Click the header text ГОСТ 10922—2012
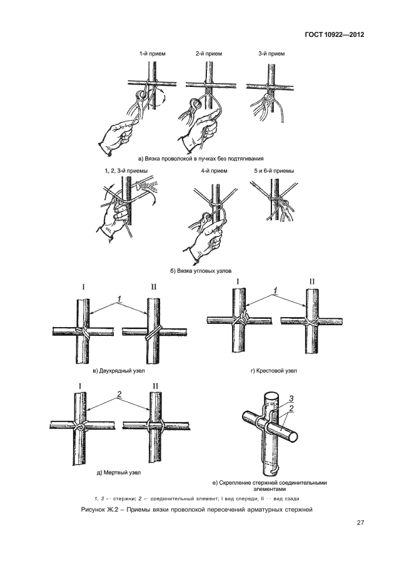coord(335,35)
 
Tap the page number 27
coord(360,523)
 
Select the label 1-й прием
coord(152,54)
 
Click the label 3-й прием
coord(271,54)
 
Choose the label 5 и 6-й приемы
coord(274,171)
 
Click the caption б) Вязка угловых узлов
coord(201,271)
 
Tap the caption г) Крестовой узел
coord(273,371)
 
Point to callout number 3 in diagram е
coord(291,399)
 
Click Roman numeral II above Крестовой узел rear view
coord(311,281)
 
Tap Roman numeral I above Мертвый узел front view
coord(80,386)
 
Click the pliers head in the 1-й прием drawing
coord(141,96)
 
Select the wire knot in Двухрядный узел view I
coord(83,332)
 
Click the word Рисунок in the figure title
coord(93,510)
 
